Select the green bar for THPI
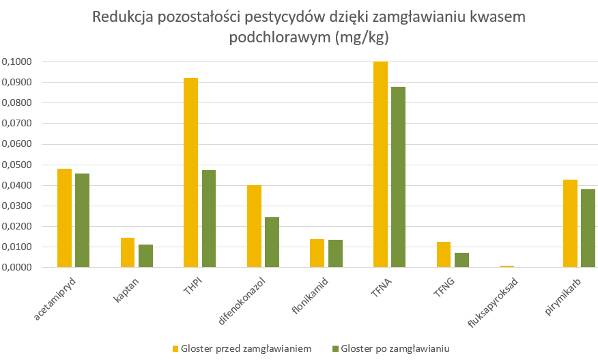(209, 219)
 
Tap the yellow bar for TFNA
(380, 164)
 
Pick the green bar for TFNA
(398, 177)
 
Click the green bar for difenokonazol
(272, 242)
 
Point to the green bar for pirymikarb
(588, 228)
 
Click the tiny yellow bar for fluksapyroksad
(507, 266)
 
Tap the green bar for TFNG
(461, 260)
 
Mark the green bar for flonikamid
(335, 253)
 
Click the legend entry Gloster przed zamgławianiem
(241, 348)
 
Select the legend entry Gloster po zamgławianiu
(390, 348)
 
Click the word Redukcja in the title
(122, 17)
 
